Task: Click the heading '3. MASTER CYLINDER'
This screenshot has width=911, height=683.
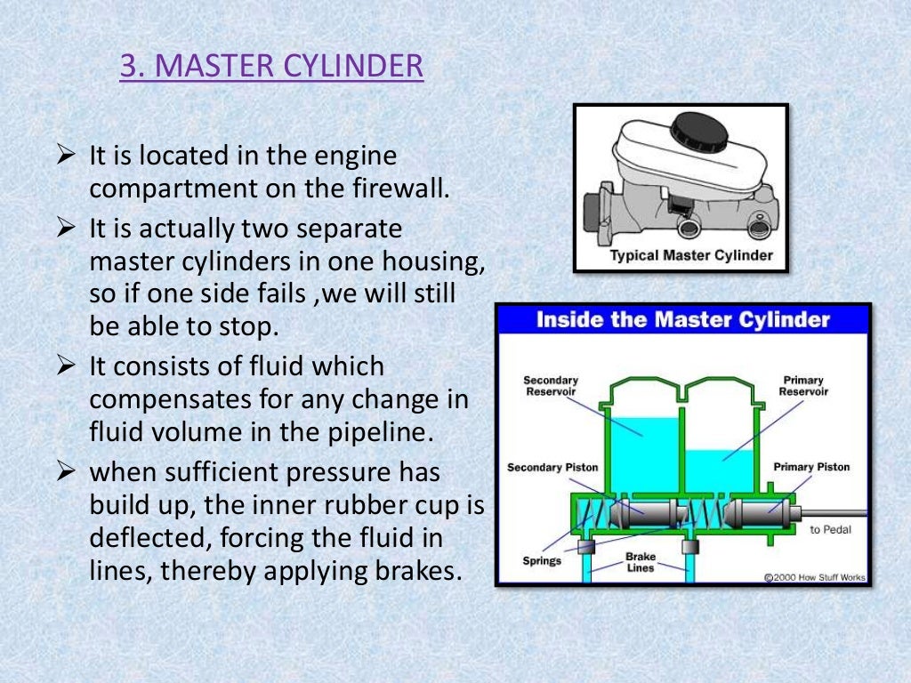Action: click(271, 67)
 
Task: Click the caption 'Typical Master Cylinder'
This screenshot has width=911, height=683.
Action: click(690, 256)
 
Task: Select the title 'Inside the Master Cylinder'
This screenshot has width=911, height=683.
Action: click(682, 320)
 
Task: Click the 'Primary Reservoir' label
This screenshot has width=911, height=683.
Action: click(802, 386)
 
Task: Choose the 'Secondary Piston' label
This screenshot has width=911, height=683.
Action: click(552, 468)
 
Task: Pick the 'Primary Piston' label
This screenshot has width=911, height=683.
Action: click(811, 467)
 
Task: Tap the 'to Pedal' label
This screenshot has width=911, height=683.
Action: click(830, 530)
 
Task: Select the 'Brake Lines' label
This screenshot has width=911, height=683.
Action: click(641, 562)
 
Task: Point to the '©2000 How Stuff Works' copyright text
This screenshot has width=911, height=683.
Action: click(815, 577)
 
